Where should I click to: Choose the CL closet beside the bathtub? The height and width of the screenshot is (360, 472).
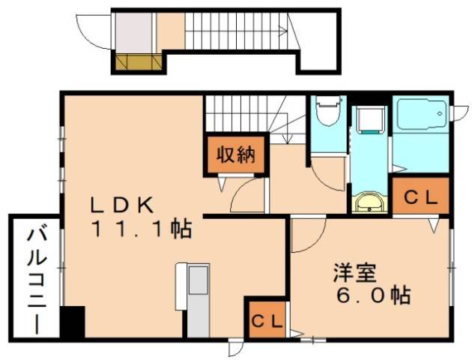tap(421, 196)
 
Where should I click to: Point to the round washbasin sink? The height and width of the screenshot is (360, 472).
tap(368, 202)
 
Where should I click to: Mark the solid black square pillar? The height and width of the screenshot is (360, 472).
tap(73, 322)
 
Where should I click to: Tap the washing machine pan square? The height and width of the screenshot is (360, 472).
tap(369, 124)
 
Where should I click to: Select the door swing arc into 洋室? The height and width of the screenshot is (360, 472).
tap(306, 235)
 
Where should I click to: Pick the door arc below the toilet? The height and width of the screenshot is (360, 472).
tap(329, 174)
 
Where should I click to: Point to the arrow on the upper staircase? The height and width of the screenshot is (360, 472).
tap(279, 31)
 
